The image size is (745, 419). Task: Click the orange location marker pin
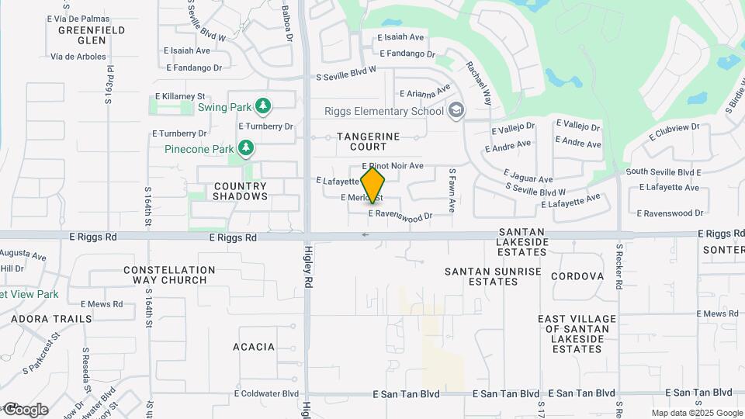tap(372, 185)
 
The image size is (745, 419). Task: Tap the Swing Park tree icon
tap(263, 106)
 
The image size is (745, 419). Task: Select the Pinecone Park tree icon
tap(246, 147)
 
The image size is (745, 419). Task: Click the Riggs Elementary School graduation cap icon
tap(456, 110)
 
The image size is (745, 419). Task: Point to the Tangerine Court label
tap(369, 141)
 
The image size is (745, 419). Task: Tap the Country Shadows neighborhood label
tap(240, 191)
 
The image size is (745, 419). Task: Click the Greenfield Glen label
tap(92, 35)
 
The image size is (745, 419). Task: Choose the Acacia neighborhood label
tap(253, 347)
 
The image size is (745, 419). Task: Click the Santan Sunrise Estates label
tap(493, 276)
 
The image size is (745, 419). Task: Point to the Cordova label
tap(577, 276)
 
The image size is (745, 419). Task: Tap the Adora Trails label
tap(52, 319)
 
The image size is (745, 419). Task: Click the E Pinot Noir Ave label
tap(393, 166)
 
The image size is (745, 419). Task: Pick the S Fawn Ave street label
tap(452, 190)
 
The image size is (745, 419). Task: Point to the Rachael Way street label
tap(478, 84)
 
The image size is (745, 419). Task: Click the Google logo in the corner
tap(26, 409)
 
